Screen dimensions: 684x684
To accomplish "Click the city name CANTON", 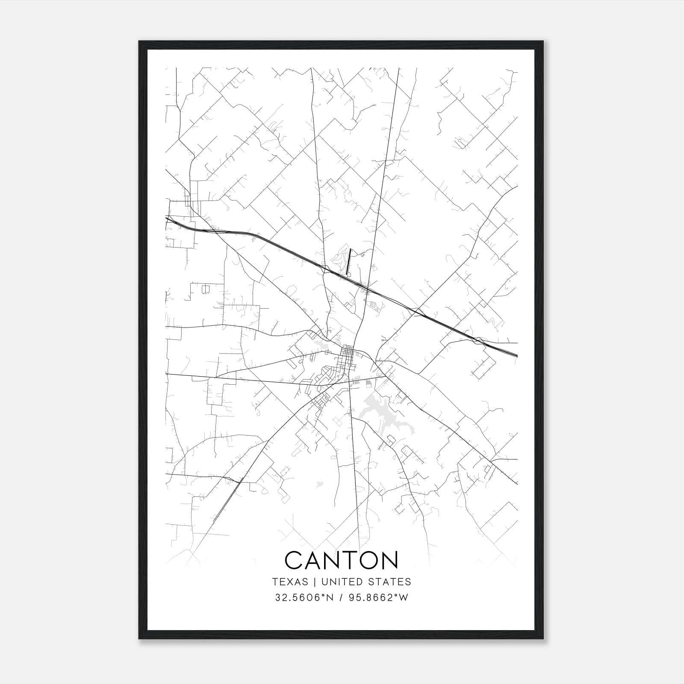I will (x=341, y=560).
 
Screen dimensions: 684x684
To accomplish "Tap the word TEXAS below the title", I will (x=290, y=582).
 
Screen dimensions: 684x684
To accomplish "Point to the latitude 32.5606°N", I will (x=304, y=598).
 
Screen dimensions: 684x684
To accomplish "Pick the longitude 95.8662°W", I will (x=377, y=598).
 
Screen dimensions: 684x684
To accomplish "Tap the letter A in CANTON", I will (x=311, y=560).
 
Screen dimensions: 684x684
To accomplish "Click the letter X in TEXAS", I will (x=290, y=582).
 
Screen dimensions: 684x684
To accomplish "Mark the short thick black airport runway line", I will (x=349, y=261).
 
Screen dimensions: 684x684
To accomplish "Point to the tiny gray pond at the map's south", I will (x=318, y=484).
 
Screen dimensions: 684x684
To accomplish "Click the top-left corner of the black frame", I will (x=140, y=42).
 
